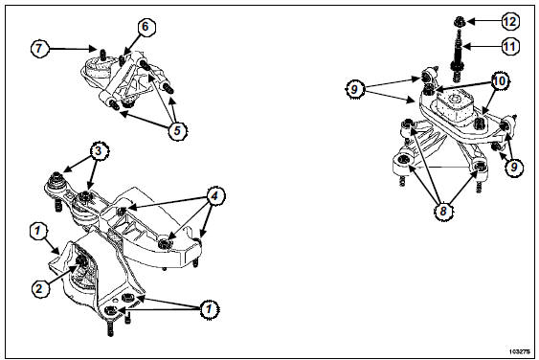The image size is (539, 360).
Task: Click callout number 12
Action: pyautogui.click(x=509, y=22)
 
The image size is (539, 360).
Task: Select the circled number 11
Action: pyautogui.click(x=509, y=46)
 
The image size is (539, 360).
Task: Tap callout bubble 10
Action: pyautogui.click(x=500, y=81)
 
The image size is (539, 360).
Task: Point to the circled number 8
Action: pyautogui.click(x=442, y=211)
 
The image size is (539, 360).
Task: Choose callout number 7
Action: pyautogui.click(x=40, y=49)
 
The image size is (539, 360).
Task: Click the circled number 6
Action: pyautogui.click(x=146, y=27)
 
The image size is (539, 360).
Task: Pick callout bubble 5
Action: pyautogui.click(x=177, y=130)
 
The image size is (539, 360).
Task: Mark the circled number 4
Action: pyautogui.click(x=214, y=196)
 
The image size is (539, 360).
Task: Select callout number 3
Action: pyautogui.click(x=100, y=151)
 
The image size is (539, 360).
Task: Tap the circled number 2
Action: pyautogui.click(x=40, y=288)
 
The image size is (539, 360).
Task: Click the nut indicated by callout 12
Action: pyautogui.click(x=460, y=22)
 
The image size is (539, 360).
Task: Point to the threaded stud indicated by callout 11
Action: pyautogui.click(x=459, y=56)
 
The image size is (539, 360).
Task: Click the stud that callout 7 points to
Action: pyautogui.click(x=102, y=54)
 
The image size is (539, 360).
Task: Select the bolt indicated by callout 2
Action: pyautogui.click(x=81, y=261)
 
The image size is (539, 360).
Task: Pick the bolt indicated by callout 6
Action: pyautogui.click(x=123, y=61)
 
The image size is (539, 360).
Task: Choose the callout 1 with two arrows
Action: pyautogui.click(x=209, y=309)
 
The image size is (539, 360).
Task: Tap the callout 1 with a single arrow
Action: pyautogui.click(x=39, y=231)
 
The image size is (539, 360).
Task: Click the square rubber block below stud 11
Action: pyautogui.click(x=455, y=106)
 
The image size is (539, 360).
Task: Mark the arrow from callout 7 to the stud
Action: pyautogui.click(x=72, y=49)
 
